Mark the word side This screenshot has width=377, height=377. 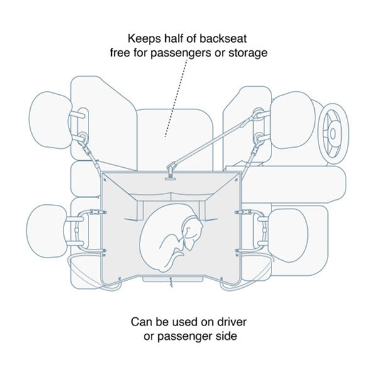tap(226, 337)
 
